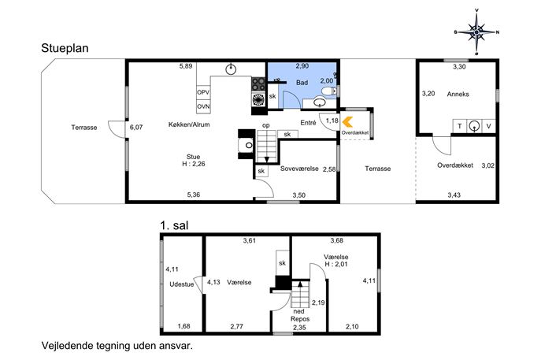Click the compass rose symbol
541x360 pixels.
(476, 32)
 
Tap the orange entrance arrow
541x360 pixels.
(347, 122)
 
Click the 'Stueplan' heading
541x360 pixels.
(65, 48)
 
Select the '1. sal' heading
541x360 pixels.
(174, 225)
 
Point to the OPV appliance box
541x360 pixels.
(203, 92)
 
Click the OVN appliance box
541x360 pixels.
(203, 106)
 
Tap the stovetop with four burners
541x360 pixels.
(258, 84)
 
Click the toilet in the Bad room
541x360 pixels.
(328, 91)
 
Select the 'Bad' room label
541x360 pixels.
(302, 83)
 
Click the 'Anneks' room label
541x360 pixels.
(458, 94)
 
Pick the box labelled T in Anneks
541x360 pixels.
(460, 126)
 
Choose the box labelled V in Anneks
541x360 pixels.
(488, 126)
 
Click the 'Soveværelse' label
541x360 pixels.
(299, 169)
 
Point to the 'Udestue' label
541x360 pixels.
(181, 284)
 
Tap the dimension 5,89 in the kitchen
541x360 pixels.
(186, 66)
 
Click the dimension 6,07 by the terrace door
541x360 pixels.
(136, 127)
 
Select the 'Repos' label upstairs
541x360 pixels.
(300, 319)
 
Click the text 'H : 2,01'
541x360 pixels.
(336, 265)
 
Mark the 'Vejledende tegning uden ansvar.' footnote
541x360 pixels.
(117, 346)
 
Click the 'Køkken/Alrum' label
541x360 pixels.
(189, 124)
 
